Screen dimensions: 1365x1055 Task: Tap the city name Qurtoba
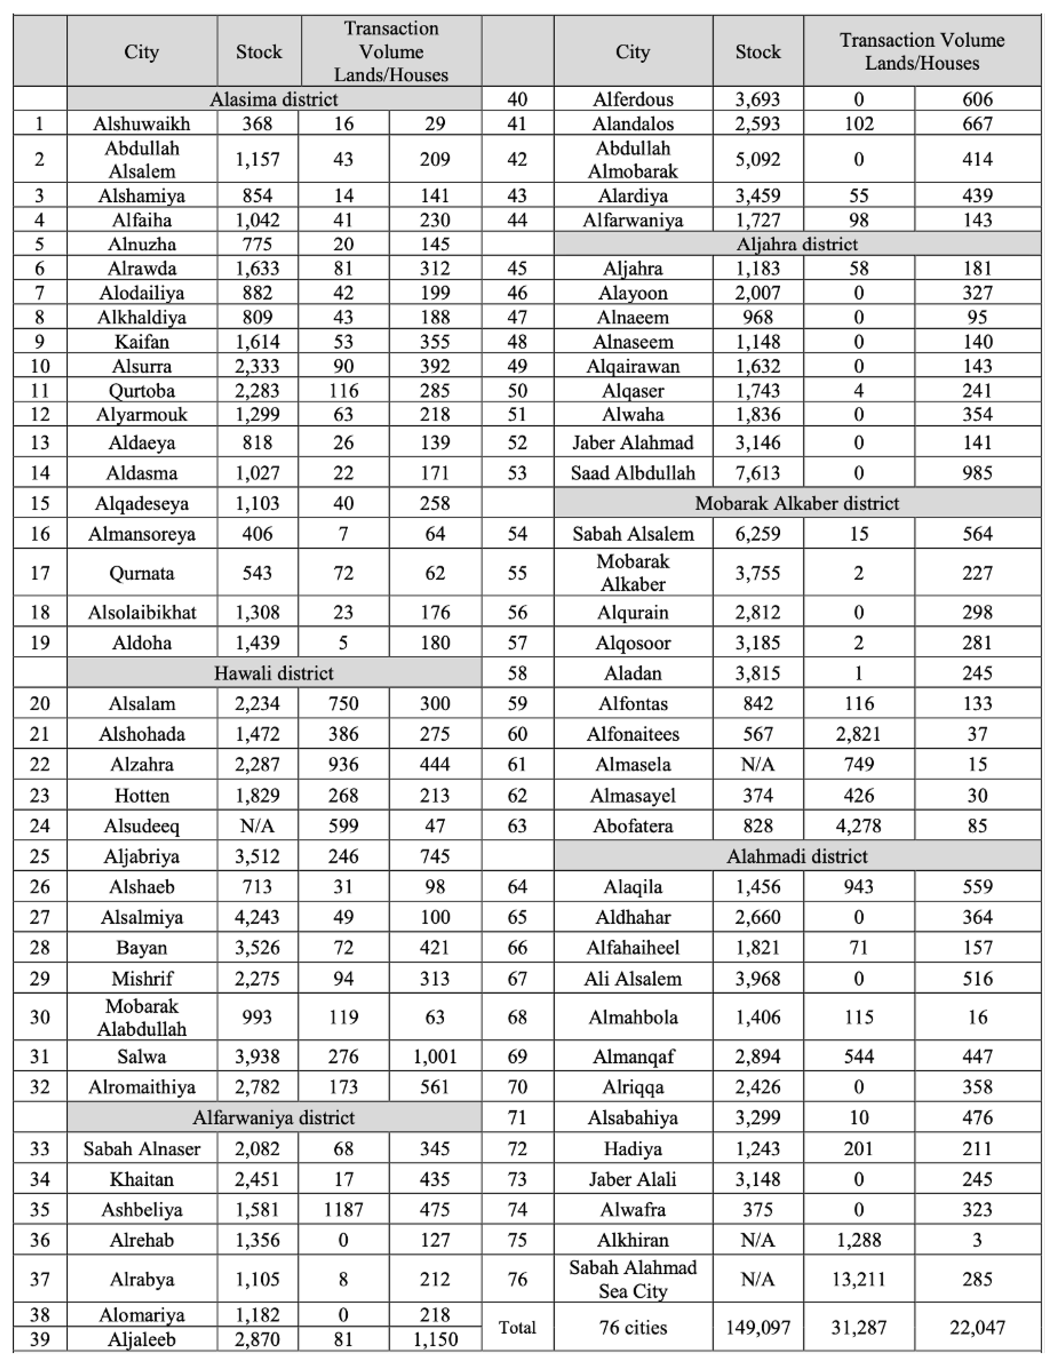click(x=142, y=391)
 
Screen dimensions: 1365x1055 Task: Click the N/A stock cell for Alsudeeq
click(x=258, y=826)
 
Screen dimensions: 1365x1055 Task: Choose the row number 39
click(x=40, y=1339)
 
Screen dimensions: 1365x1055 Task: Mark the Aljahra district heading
click(x=797, y=244)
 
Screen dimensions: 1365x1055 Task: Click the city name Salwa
click(x=142, y=1056)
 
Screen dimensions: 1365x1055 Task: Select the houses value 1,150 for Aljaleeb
click(x=435, y=1339)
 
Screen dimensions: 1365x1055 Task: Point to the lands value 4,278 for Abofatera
click(x=858, y=826)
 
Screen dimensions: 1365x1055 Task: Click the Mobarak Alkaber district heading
click(x=797, y=503)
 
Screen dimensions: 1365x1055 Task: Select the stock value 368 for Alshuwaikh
click(x=258, y=124)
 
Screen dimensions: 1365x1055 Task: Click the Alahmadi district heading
click(x=797, y=856)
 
